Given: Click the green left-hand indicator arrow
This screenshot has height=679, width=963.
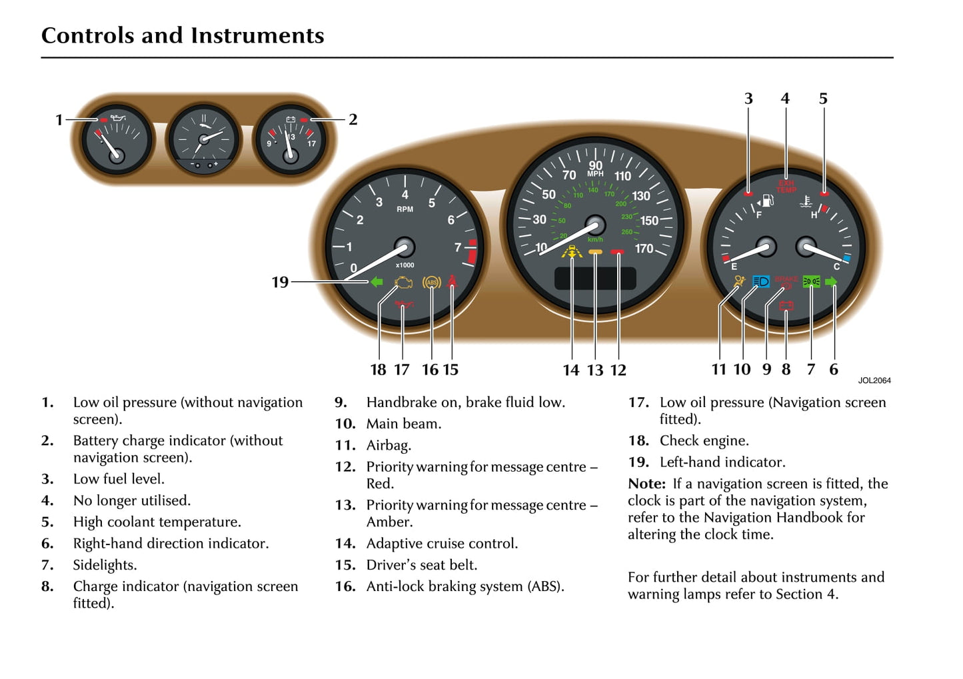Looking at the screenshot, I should [x=377, y=282].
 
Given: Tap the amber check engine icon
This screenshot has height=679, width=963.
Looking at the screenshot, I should [x=403, y=283].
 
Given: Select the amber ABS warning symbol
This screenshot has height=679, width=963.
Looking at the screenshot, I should [x=432, y=283].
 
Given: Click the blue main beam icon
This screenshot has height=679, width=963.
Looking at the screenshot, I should [x=760, y=282].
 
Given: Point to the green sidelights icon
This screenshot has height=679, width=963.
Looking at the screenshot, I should [x=811, y=282].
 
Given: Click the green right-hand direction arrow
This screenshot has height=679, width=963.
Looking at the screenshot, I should [x=831, y=282].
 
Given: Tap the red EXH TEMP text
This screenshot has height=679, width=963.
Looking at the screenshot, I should [x=786, y=187].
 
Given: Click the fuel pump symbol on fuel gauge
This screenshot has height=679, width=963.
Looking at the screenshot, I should [x=767, y=200].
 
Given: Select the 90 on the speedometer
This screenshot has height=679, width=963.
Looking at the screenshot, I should [x=595, y=165].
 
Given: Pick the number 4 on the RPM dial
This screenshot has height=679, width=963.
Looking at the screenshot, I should [x=405, y=195].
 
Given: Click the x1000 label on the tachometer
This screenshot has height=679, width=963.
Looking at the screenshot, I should [x=405, y=265].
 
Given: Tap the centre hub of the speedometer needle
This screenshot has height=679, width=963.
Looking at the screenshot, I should [x=594, y=225].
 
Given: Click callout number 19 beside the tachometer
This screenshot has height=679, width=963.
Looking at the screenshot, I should [x=280, y=283].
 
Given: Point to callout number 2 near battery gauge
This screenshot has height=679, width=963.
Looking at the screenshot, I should [x=353, y=120].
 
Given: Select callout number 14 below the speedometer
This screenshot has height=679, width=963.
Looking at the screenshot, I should [x=571, y=370].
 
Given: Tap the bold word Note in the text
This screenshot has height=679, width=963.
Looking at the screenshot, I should [x=646, y=484].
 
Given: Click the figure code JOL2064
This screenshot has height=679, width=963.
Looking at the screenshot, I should [x=874, y=380].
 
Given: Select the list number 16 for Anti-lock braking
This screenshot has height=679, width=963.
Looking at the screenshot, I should [x=345, y=586].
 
